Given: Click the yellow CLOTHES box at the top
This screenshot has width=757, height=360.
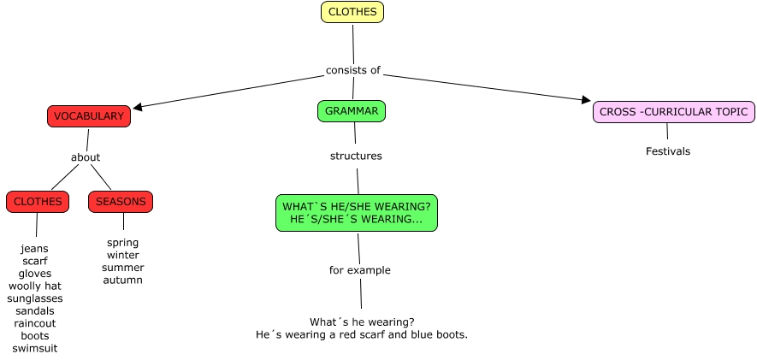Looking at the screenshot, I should point(352,12).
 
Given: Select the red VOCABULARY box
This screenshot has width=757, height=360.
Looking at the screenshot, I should point(89,116).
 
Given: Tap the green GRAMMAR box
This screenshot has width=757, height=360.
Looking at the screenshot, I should point(352,111).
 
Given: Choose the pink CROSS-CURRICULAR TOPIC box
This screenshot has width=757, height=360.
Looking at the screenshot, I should point(674,112).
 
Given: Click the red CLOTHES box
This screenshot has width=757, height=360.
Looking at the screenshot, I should point(38,202).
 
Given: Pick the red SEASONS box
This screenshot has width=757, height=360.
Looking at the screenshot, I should point(121,202).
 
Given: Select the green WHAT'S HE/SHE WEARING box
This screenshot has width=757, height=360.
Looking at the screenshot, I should point(357,213).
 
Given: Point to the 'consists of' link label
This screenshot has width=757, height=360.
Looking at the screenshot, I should point(352,70).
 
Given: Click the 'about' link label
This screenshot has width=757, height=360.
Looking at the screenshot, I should point(86,157).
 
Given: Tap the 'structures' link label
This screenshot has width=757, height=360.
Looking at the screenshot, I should point(356,156).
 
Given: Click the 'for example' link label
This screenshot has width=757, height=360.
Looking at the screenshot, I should point(359,270).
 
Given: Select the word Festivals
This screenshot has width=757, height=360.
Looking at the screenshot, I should point(667,151).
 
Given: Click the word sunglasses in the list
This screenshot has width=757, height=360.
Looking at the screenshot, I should point(35,298).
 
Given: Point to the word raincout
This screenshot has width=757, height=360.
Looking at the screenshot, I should point(35,323).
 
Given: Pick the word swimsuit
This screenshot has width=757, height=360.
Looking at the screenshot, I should point(35,349).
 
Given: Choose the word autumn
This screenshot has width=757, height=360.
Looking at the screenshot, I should point(123,280).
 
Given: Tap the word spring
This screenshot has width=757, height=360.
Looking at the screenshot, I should point(123,242).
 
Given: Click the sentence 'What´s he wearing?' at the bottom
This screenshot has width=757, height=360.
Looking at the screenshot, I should point(362,322).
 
